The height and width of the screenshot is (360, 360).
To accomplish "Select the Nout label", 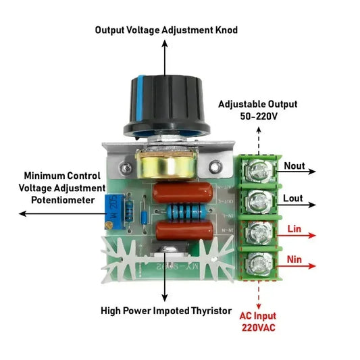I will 294,165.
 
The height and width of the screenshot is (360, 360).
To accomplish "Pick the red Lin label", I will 294,230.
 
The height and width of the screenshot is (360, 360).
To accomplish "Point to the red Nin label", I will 294,259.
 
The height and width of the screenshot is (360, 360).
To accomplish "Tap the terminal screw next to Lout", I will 257,201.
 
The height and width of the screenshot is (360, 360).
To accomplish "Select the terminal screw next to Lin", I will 257,232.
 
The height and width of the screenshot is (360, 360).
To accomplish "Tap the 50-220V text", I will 257,117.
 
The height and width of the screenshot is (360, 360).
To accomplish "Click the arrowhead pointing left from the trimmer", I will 23,213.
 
